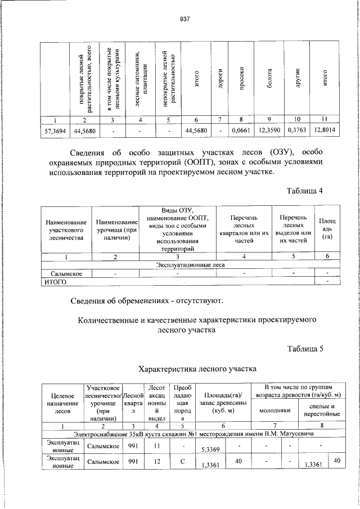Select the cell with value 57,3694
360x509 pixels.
click(55, 130)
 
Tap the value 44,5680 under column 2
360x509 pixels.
click(84, 130)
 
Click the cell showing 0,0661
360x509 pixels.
click(241, 130)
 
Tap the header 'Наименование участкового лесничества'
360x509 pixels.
click(66, 230)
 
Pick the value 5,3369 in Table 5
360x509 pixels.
click(211, 449)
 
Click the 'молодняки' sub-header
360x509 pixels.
click(274, 410)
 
